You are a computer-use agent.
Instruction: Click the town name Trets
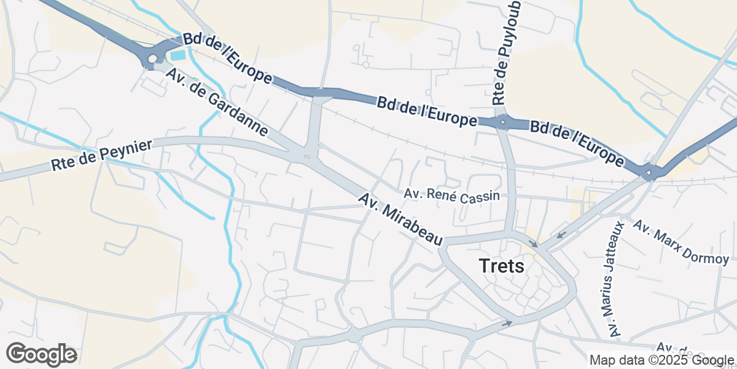(501, 266)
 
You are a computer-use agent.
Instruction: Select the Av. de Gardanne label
(217, 101)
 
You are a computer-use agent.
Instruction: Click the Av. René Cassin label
(451, 195)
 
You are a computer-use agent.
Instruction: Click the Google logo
(41, 354)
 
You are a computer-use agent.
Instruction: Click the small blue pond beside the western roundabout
(177, 55)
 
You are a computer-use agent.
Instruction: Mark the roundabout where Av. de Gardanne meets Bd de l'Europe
(152, 59)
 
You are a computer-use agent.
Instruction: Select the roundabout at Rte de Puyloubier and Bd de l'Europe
(503, 123)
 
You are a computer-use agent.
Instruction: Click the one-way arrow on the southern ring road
(507, 322)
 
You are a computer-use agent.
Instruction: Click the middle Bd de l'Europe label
(427, 111)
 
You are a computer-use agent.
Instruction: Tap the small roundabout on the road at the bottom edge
(354, 336)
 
